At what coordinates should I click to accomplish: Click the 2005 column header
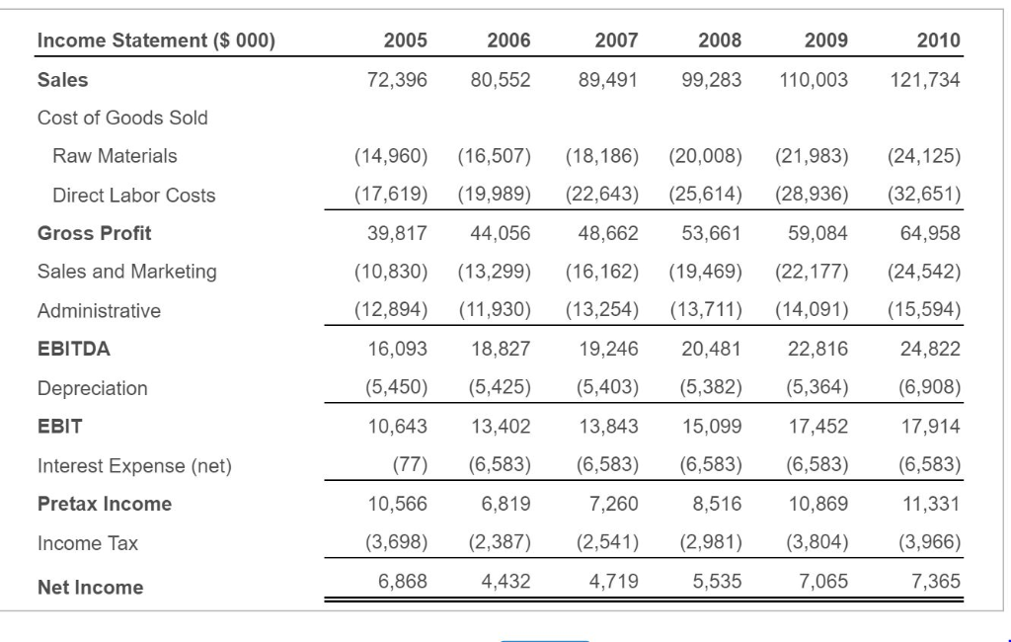405,40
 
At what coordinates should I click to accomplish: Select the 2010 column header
937,40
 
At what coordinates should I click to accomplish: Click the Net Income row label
90,588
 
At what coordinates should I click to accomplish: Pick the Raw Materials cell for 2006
495,156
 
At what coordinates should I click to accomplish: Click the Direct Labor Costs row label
133,196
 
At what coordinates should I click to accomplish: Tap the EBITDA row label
74,349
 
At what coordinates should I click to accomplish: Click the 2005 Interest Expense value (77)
410,465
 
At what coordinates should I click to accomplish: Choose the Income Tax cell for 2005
391,542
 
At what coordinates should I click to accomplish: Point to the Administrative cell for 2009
812,310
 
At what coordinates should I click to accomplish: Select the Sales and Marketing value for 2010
924,272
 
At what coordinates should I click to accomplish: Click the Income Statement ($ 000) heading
156,40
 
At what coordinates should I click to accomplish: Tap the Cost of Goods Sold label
122,118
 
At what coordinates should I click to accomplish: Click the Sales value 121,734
924,80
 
